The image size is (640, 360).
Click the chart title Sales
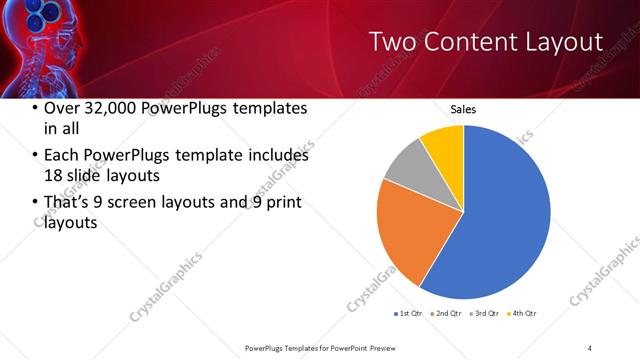[463, 109]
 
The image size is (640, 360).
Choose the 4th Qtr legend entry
[523, 314]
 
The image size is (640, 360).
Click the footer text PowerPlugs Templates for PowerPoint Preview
[328, 347]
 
